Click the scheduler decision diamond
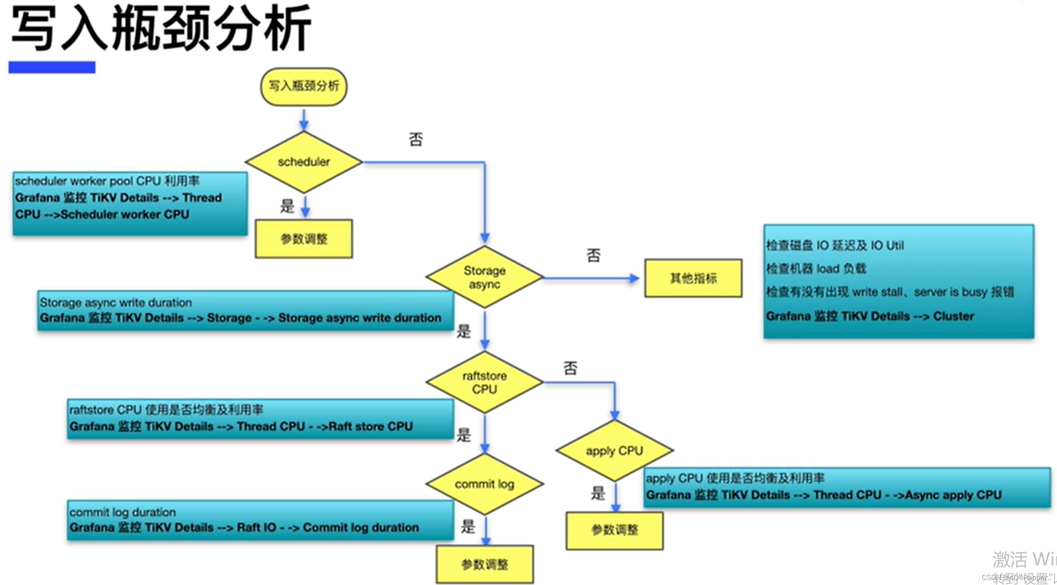(304, 162)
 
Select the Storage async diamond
(484, 277)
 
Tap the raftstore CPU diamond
(484, 382)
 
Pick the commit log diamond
(484, 484)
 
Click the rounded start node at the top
(304, 86)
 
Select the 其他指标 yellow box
(693, 278)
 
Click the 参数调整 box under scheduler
(304, 239)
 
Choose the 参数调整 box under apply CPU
(614, 530)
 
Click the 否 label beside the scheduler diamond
(416, 139)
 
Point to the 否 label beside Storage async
(593, 255)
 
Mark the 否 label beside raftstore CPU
(570, 368)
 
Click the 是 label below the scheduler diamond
(287, 205)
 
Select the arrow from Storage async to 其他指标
(591, 278)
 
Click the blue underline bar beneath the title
(52, 67)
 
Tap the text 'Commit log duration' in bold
(361, 527)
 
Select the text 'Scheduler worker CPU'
(125, 214)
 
